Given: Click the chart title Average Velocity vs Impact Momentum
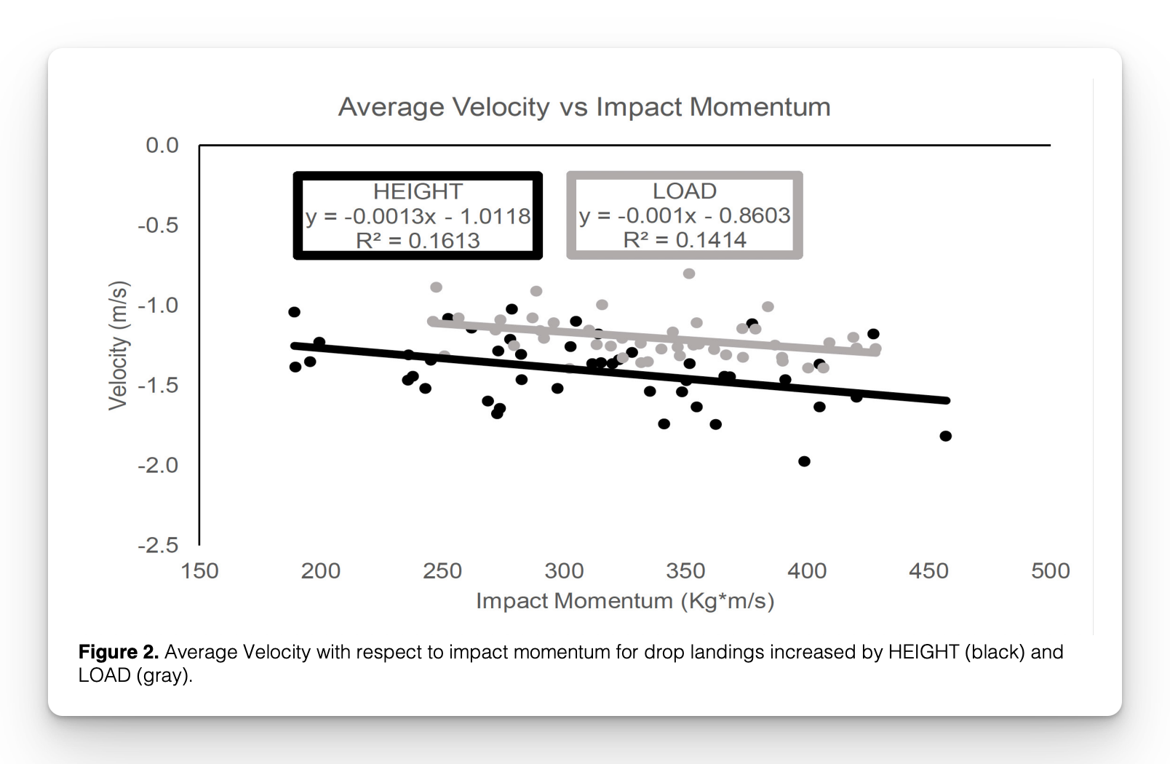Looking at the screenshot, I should (x=584, y=107).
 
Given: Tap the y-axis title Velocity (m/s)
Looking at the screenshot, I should (x=118, y=345).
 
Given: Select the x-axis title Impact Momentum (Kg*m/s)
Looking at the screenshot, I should (x=625, y=601).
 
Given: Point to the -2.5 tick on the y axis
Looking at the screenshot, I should (x=158, y=545).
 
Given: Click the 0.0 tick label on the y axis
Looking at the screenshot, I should (x=162, y=146).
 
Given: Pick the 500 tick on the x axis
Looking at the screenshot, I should (x=1050, y=570).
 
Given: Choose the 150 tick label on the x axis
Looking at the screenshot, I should (x=199, y=570).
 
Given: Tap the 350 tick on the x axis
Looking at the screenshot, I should (x=685, y=570).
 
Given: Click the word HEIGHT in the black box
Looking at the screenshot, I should (x=418, y=191).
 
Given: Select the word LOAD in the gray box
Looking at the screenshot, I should (x=685, y=191).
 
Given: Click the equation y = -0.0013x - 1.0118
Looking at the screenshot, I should (x=418, y=216).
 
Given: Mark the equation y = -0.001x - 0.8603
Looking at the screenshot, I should (x=685, y=215).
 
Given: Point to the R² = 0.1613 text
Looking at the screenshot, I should (x=418, y=240).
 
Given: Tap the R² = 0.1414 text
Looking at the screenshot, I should (x=685, y=239).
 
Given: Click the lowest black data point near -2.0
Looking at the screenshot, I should (x=804, y=461).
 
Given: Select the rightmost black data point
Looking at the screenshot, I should (x=946, y=436).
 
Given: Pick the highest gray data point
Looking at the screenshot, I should (x=689, y=274).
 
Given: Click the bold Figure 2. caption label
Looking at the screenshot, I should (x=118, y=652).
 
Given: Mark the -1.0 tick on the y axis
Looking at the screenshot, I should (x=158, y=305).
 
